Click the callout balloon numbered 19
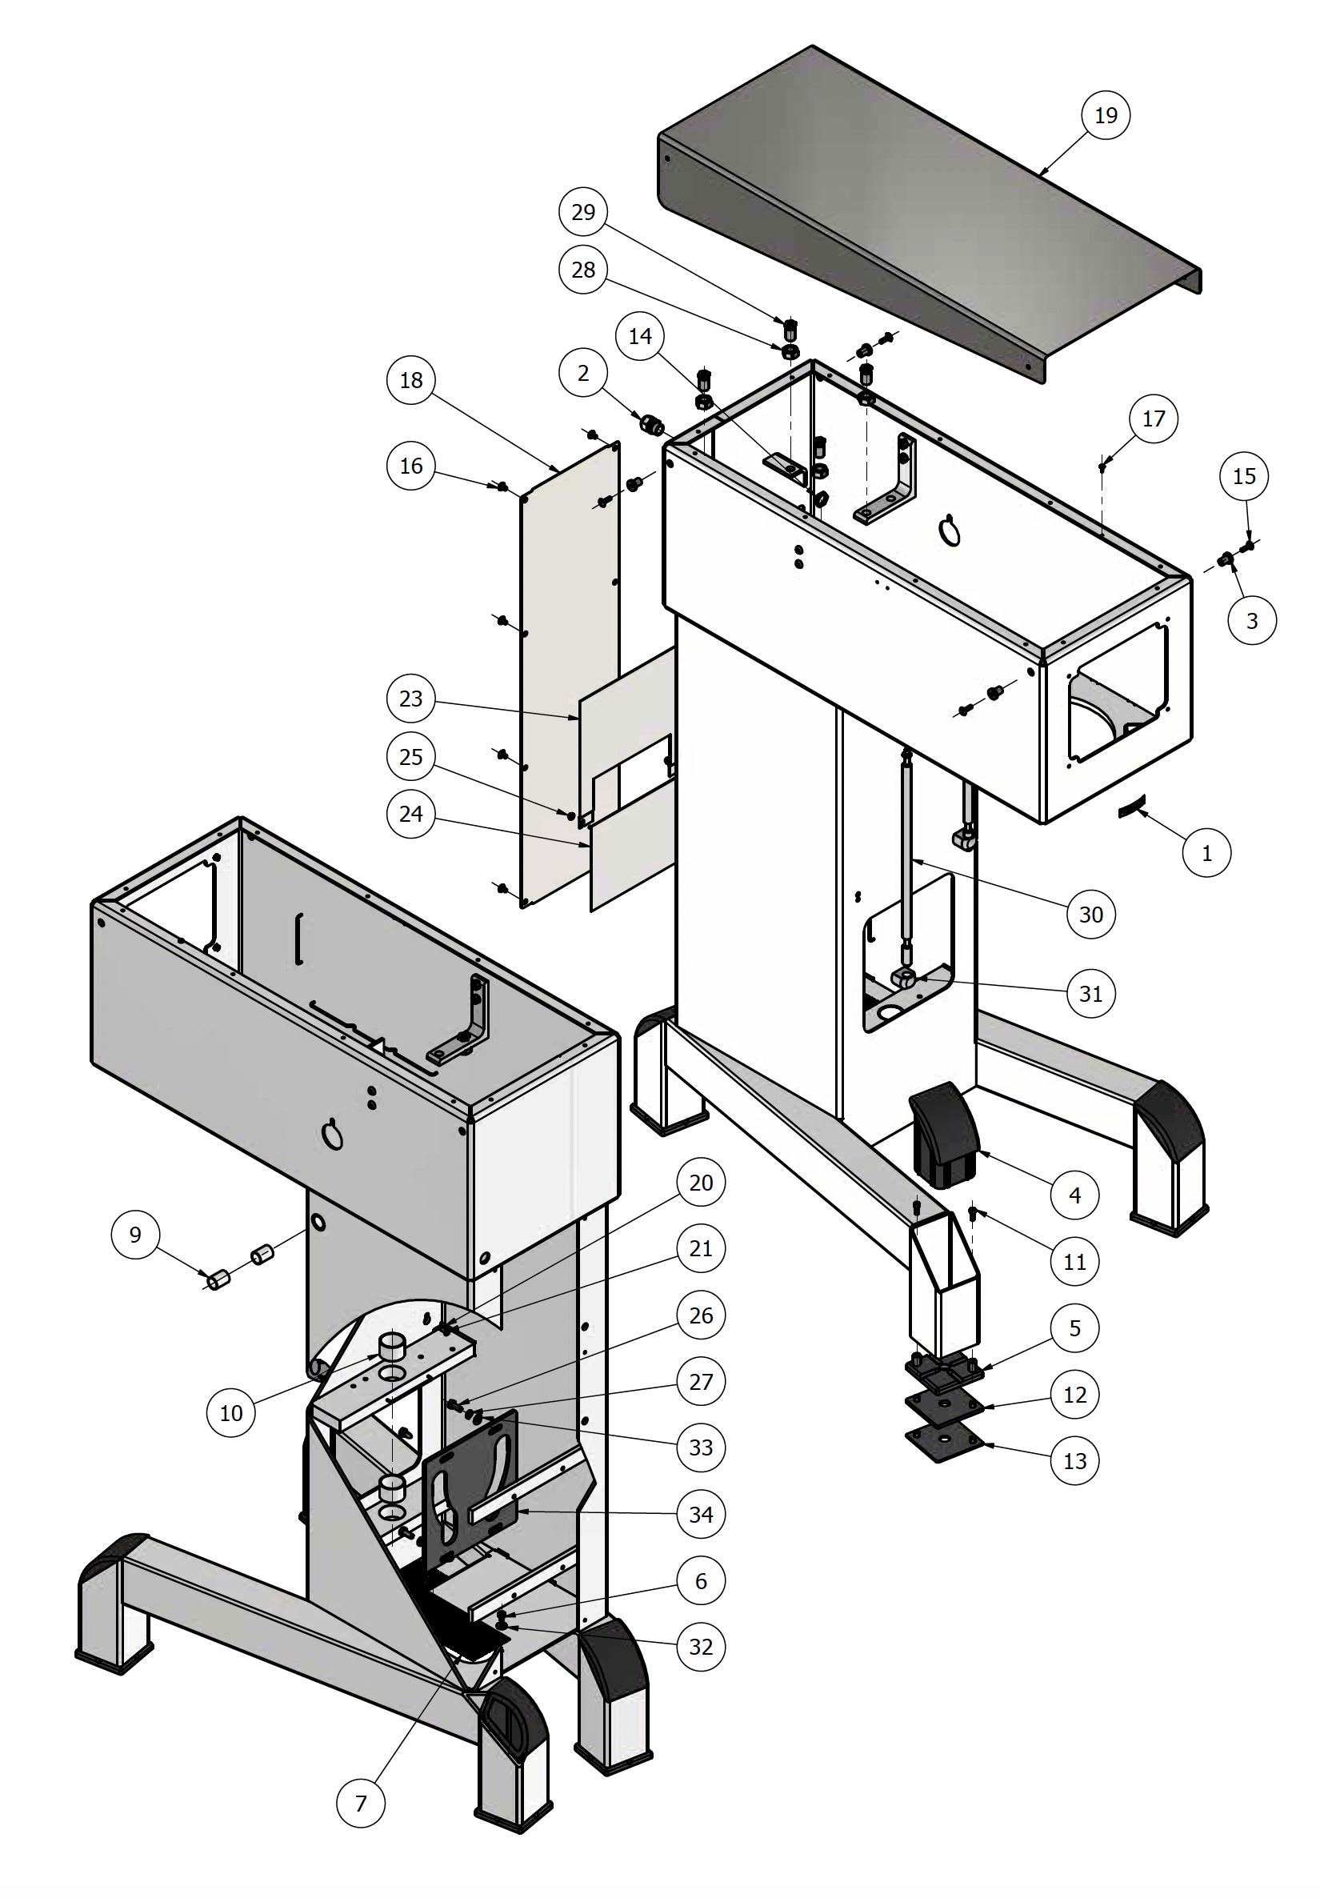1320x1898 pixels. (1105, 115)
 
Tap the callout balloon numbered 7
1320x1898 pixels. (360, 1803)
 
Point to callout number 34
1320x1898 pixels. (700, 1514)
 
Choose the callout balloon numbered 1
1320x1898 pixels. (1206, 852)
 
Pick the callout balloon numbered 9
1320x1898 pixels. (134, 1234)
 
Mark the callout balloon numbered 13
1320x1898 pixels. (1074, 1460)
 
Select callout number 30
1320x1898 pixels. (1090, 914)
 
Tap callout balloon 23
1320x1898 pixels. (410, 699)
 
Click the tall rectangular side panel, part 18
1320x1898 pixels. (569, 678)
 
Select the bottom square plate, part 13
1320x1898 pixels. (944, 1442)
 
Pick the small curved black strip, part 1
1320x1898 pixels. (1131, 807)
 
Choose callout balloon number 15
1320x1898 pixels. (1243, 476)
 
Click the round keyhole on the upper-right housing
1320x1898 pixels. (950, 531)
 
